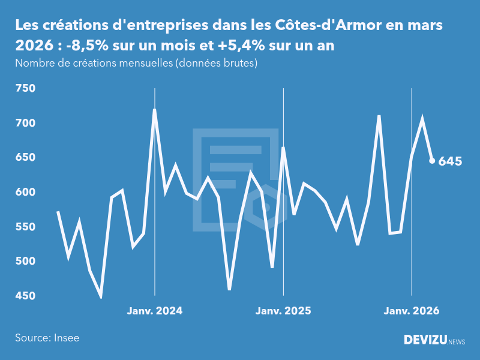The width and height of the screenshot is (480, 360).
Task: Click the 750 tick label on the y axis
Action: coord(26,89)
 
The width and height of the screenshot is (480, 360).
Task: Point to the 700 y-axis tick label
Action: coord(26,123)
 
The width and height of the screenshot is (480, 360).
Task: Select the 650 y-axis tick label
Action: coord(26,158)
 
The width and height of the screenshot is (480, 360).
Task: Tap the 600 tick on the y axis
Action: coord(26,192)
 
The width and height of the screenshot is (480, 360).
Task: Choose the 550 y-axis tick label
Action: coord(26,227)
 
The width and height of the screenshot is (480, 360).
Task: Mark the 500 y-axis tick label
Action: coord(26,261)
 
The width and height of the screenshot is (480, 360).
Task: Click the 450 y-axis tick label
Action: coord(26,296)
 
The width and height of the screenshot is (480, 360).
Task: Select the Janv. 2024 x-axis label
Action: coord(155,311)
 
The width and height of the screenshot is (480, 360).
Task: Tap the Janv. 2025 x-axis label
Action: coord(283,311)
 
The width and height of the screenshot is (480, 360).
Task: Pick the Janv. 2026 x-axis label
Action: coord(412,311)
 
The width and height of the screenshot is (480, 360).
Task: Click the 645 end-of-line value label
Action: coord(450,161)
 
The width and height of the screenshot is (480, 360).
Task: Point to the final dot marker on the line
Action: coord(432,161)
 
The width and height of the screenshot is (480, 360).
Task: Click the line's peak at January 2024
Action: coord(155,110)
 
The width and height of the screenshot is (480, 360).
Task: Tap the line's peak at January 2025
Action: coord(283,148)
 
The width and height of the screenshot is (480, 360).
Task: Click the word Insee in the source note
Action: coord(66,338)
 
